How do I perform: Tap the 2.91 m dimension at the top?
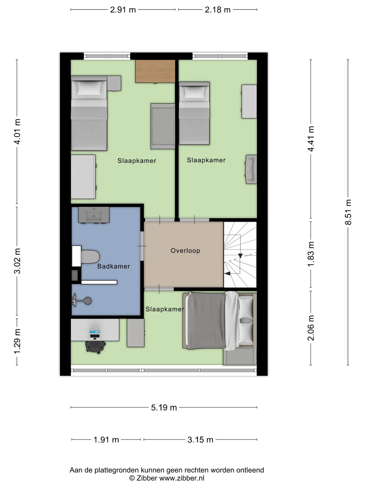point(123,10)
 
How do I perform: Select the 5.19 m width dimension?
point(164,407)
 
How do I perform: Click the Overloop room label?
point(185,251)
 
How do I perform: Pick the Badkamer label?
point(114,266)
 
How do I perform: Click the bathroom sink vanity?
point(94,215)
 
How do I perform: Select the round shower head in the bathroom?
point(88,301)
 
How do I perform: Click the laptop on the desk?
point(95,335)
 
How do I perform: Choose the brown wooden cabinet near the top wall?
point(155,71)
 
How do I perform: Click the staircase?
point(240,255)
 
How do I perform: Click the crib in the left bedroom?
point(163,126)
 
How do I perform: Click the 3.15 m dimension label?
point(200,440)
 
